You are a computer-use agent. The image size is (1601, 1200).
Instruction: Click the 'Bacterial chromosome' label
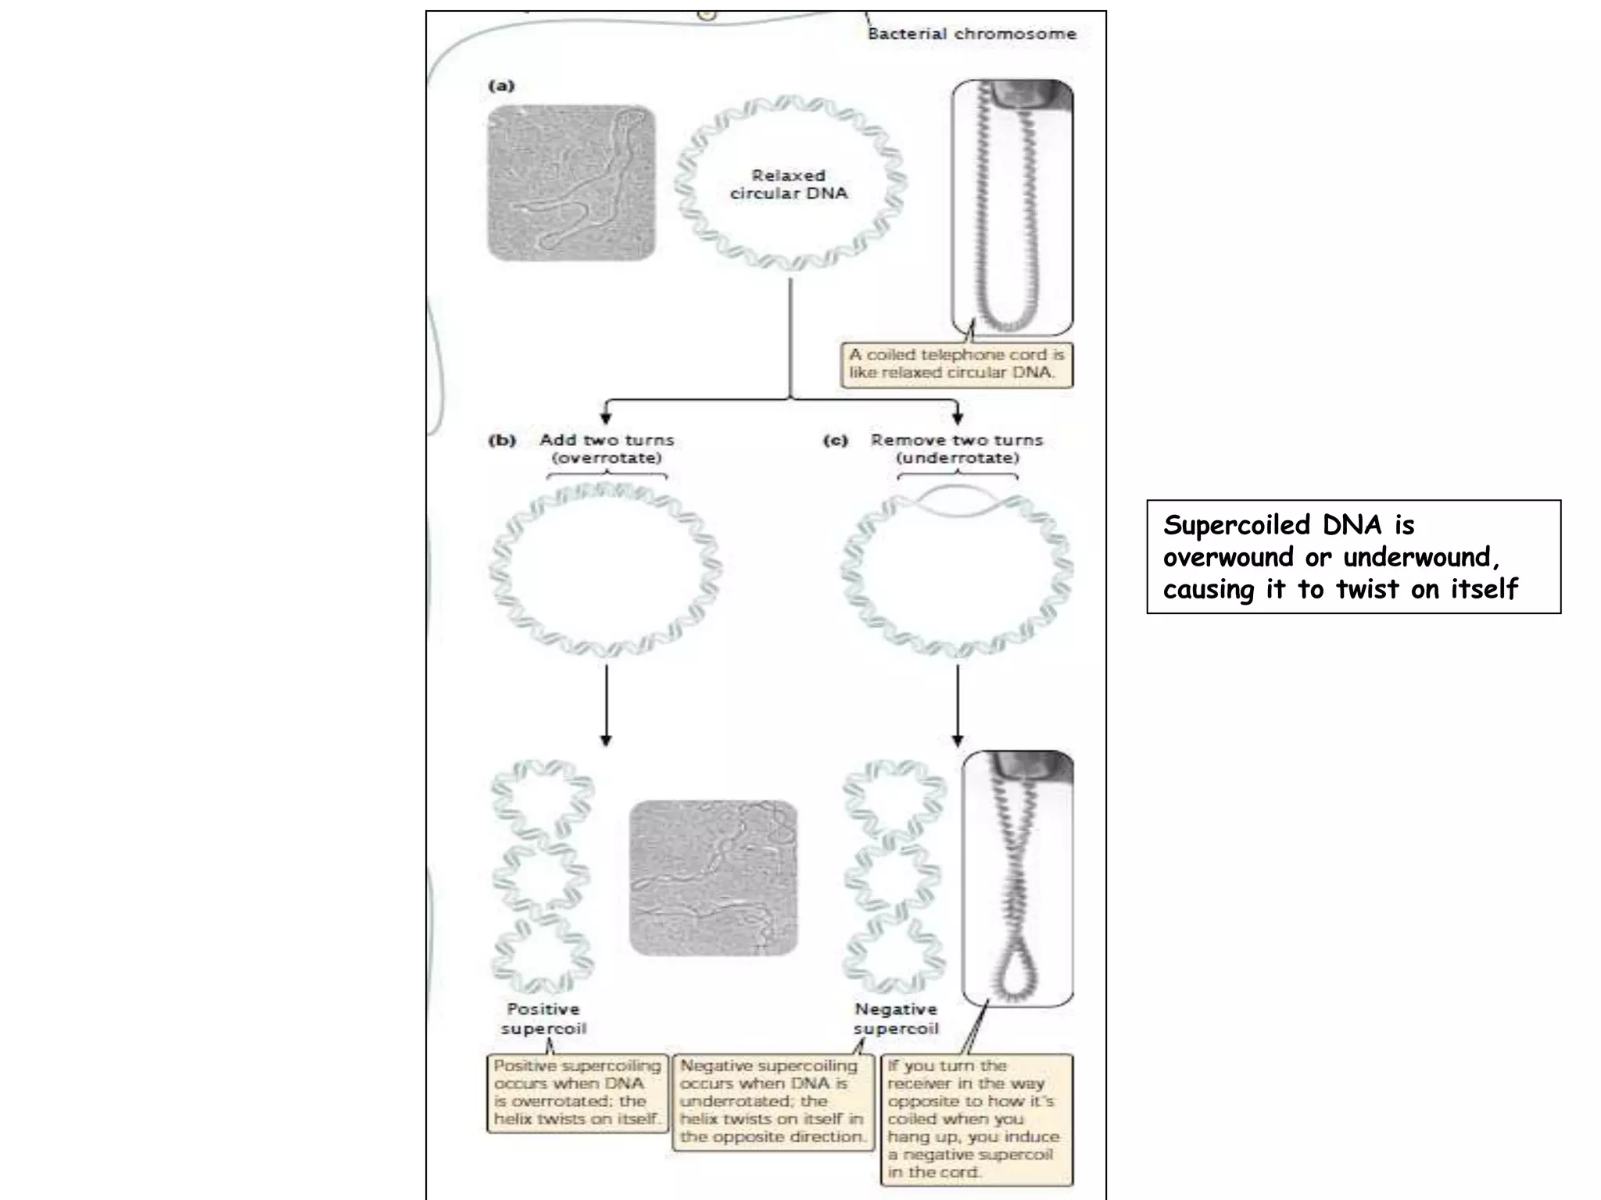point(972,34)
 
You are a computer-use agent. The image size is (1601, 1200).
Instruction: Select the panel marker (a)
point(501,86)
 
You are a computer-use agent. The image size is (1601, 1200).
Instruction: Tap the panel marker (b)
point(502,441)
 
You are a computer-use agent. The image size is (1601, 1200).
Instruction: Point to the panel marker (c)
point(835,441)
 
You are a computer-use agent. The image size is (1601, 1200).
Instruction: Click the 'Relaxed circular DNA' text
point(788,184)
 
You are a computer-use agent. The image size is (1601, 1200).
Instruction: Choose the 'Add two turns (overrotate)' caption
point(607,449)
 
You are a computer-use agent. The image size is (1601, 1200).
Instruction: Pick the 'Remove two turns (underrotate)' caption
point(957,449)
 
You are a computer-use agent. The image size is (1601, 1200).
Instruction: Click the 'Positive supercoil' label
point(543,1019)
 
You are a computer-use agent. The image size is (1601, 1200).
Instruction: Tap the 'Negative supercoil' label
point(896,1019)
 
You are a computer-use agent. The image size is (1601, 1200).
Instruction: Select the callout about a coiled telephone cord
point(956,364)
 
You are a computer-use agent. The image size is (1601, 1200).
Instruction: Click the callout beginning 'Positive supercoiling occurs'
point(577,1092)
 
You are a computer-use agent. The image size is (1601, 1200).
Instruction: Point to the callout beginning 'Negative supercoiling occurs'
point(772,1102)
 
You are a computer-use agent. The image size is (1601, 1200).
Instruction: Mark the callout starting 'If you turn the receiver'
point(976,1119)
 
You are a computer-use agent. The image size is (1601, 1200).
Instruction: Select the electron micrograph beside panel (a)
point(571,183)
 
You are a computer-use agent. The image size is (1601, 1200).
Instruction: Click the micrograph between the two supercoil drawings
point(713,877)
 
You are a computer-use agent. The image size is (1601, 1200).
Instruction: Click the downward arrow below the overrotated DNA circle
point(606,703)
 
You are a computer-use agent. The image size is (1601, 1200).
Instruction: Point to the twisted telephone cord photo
point(1018,878)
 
